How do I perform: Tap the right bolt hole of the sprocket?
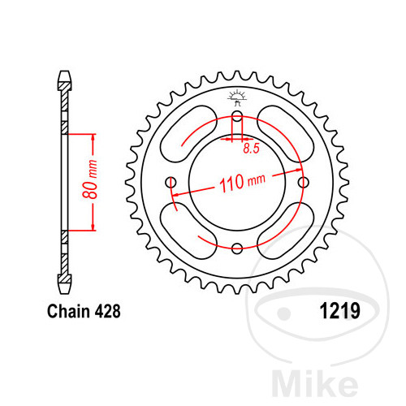[x=304, y=182]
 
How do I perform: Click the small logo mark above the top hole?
[x=237, y=98]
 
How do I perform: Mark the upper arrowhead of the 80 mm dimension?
[x=93, y=136]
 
